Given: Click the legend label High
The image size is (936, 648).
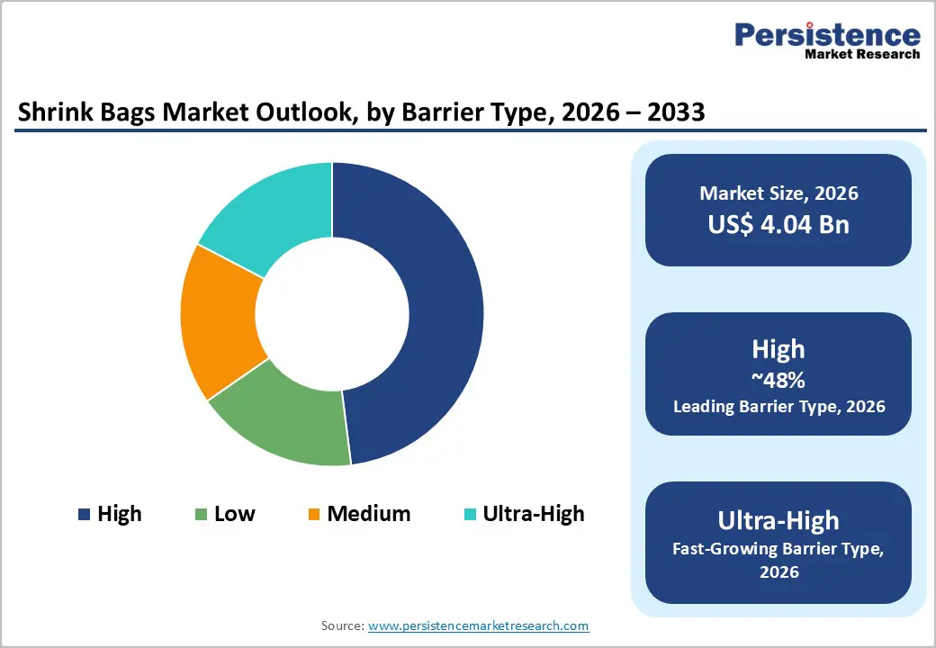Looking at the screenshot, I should [x=120, y=514].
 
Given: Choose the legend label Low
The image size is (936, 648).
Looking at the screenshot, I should [x=234, y=514].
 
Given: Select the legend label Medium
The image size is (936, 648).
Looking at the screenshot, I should [x=368, y=514].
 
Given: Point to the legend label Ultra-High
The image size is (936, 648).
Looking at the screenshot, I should [x=533, y=514].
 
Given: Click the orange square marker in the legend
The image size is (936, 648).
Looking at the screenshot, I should [x=314, y=515].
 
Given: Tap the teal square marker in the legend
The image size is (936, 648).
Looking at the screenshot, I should [x=470, y=515].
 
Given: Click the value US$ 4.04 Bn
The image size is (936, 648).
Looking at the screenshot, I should [x=778, y=224].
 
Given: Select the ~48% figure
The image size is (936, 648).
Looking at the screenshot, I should [x=778, y=380].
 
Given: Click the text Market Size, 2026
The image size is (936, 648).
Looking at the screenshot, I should [x=778, y=193].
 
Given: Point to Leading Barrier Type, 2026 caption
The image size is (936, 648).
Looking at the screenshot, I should [x=778, y=407].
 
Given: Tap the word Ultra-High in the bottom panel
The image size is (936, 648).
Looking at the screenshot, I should [x=778, y=520].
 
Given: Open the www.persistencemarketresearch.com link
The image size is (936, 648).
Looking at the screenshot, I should [x=478, y=625].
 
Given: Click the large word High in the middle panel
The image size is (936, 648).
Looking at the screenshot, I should [x=778, y=349].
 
